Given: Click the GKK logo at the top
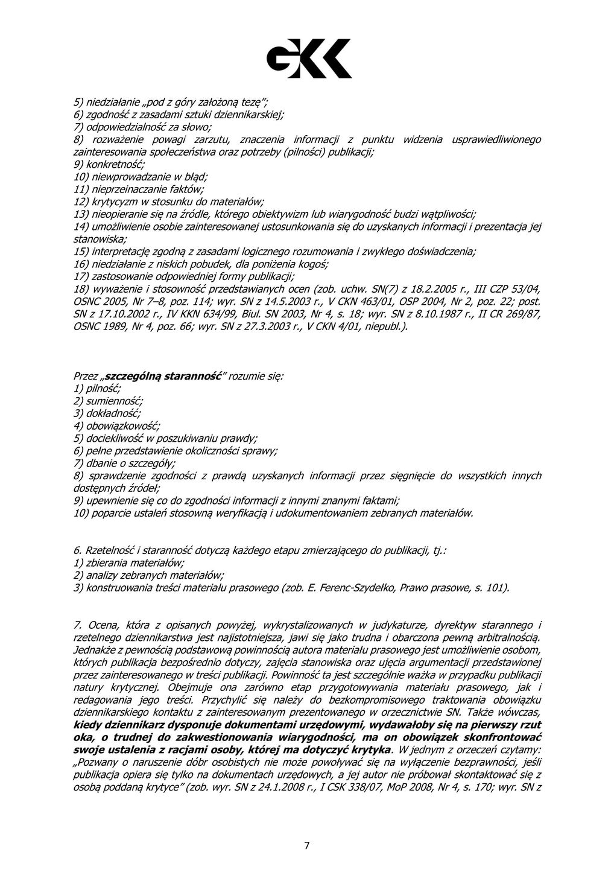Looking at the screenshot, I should [309, 59].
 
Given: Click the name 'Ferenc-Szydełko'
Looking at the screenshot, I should [360, 587].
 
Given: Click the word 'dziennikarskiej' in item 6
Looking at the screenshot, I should [250, 114].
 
